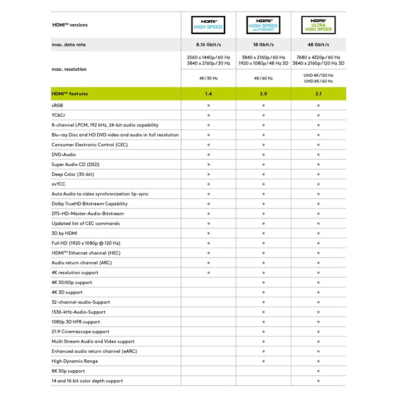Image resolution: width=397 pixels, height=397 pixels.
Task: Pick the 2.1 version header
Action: pyautogui.click(x=318, y=93)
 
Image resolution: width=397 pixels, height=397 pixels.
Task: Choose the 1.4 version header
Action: pyautogui.click(x=208, y=93)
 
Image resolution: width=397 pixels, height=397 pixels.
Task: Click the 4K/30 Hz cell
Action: pyautogui.click(x=208, y=78)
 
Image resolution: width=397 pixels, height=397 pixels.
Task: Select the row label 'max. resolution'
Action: pyautogui.click(x=69, y=69)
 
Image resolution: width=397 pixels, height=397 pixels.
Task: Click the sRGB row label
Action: pyautogui.click(x=58, y=105)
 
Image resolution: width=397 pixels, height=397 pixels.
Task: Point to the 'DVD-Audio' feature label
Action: pyautogui.click(x=65, y=154)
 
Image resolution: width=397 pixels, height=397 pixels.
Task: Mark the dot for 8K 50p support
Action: pyautogui.click(x=318, y=371)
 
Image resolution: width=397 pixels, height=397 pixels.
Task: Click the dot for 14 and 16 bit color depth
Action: pyautogui.click(x=318, y=381)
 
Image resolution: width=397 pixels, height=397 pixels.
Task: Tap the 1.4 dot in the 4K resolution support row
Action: pyautogui.click(x=208, y=272)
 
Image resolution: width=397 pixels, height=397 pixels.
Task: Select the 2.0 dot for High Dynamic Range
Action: pyautogui.click(x=263, y=361)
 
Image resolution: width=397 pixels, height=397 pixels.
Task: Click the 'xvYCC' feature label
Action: pyautogui.click(x=59, y=184)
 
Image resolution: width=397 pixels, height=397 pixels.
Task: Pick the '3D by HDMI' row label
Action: pyautogui.click(x=65, y=233)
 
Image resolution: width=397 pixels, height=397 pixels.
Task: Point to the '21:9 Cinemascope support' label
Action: pyautogui.click(x=80, y=331)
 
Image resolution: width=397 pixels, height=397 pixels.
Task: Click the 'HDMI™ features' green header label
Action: pyautogui.click(x=69, y=93)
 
